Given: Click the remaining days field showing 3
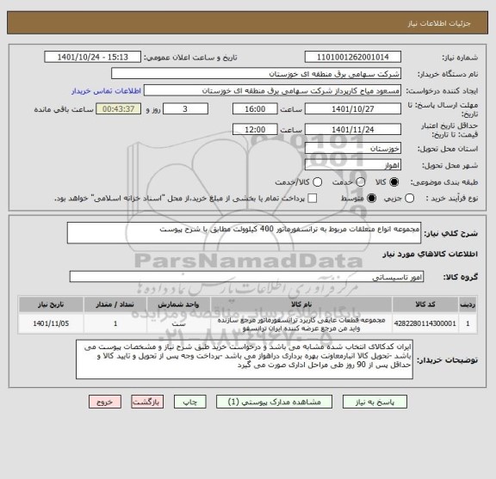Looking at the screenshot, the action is [186, 109].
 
